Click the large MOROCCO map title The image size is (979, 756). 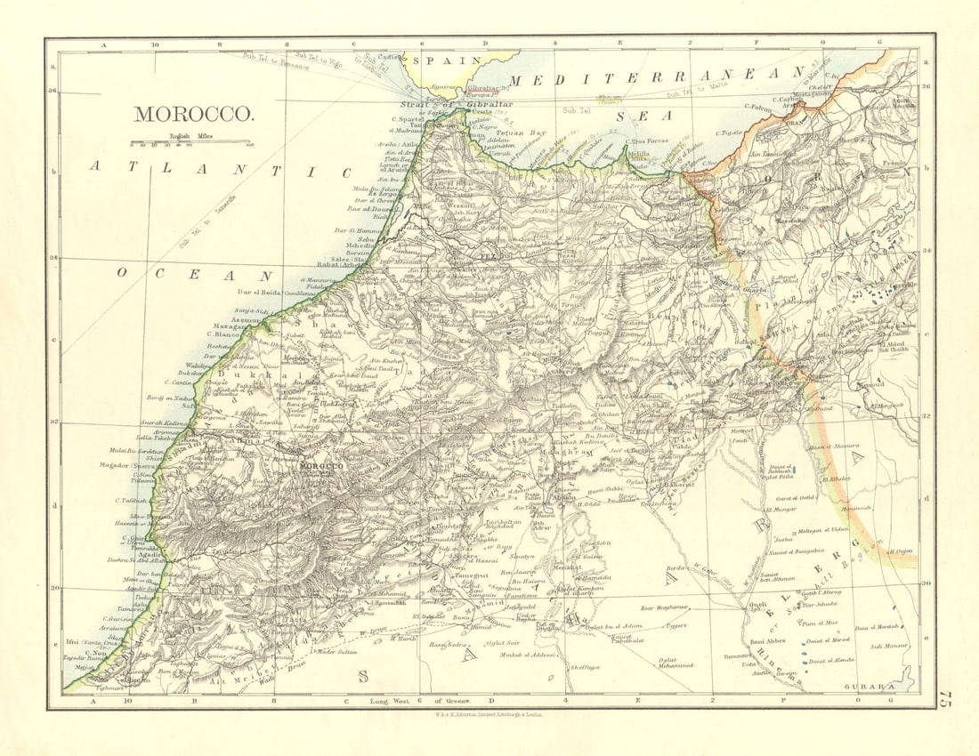193,114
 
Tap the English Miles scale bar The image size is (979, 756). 190,141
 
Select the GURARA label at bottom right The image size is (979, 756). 876,687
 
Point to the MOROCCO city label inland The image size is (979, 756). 321,466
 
